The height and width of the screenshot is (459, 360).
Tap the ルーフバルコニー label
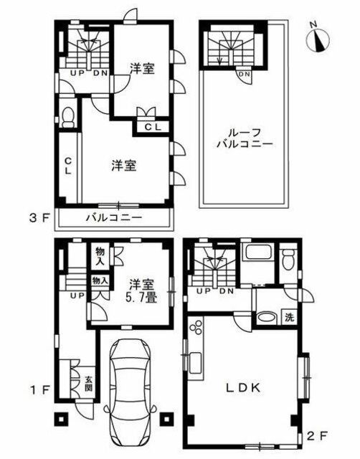click(x=245, y=138)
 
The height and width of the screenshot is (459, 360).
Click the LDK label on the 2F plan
click(x=243, y=388)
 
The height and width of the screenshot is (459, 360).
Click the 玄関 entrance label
click(x=88, y=384)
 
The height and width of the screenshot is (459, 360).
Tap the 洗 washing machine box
click(x=289, y=318)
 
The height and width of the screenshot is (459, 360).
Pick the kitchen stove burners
click(x=196, y=327)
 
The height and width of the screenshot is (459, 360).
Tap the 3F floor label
click(x=38, y=218)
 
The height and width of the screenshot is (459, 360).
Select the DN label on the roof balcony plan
click(x=245, y=74)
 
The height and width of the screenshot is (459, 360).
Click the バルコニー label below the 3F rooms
click(x=114, y=218)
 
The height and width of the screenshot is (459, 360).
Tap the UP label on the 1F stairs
click(x=77, y=295)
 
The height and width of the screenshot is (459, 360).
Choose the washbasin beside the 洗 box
click(x=267, y=318)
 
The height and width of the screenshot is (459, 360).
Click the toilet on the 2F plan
click(x=288, y=257)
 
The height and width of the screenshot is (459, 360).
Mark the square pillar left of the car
click(x=61, y=419)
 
